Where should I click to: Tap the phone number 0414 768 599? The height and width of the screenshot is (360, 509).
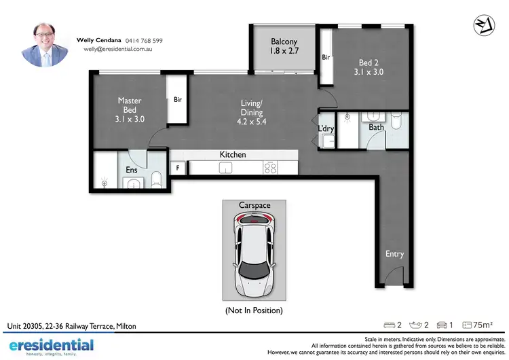click(144, 41)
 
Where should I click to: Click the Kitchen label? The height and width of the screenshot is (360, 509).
click(233, 155)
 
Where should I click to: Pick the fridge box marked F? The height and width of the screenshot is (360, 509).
click(178, 167)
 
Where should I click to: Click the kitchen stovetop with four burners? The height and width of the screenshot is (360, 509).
click(270, 167)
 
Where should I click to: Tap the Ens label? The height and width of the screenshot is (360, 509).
click(132, 170)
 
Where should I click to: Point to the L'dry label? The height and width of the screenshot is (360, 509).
click(326, 129)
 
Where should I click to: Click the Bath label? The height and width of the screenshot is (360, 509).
click(376, 127)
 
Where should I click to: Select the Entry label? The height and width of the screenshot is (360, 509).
click(394, 254)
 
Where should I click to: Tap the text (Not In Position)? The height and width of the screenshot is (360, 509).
click(254, 310)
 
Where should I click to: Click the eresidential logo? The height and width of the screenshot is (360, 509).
click(51, 346)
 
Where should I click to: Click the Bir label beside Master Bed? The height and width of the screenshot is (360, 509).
click(178, 100)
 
